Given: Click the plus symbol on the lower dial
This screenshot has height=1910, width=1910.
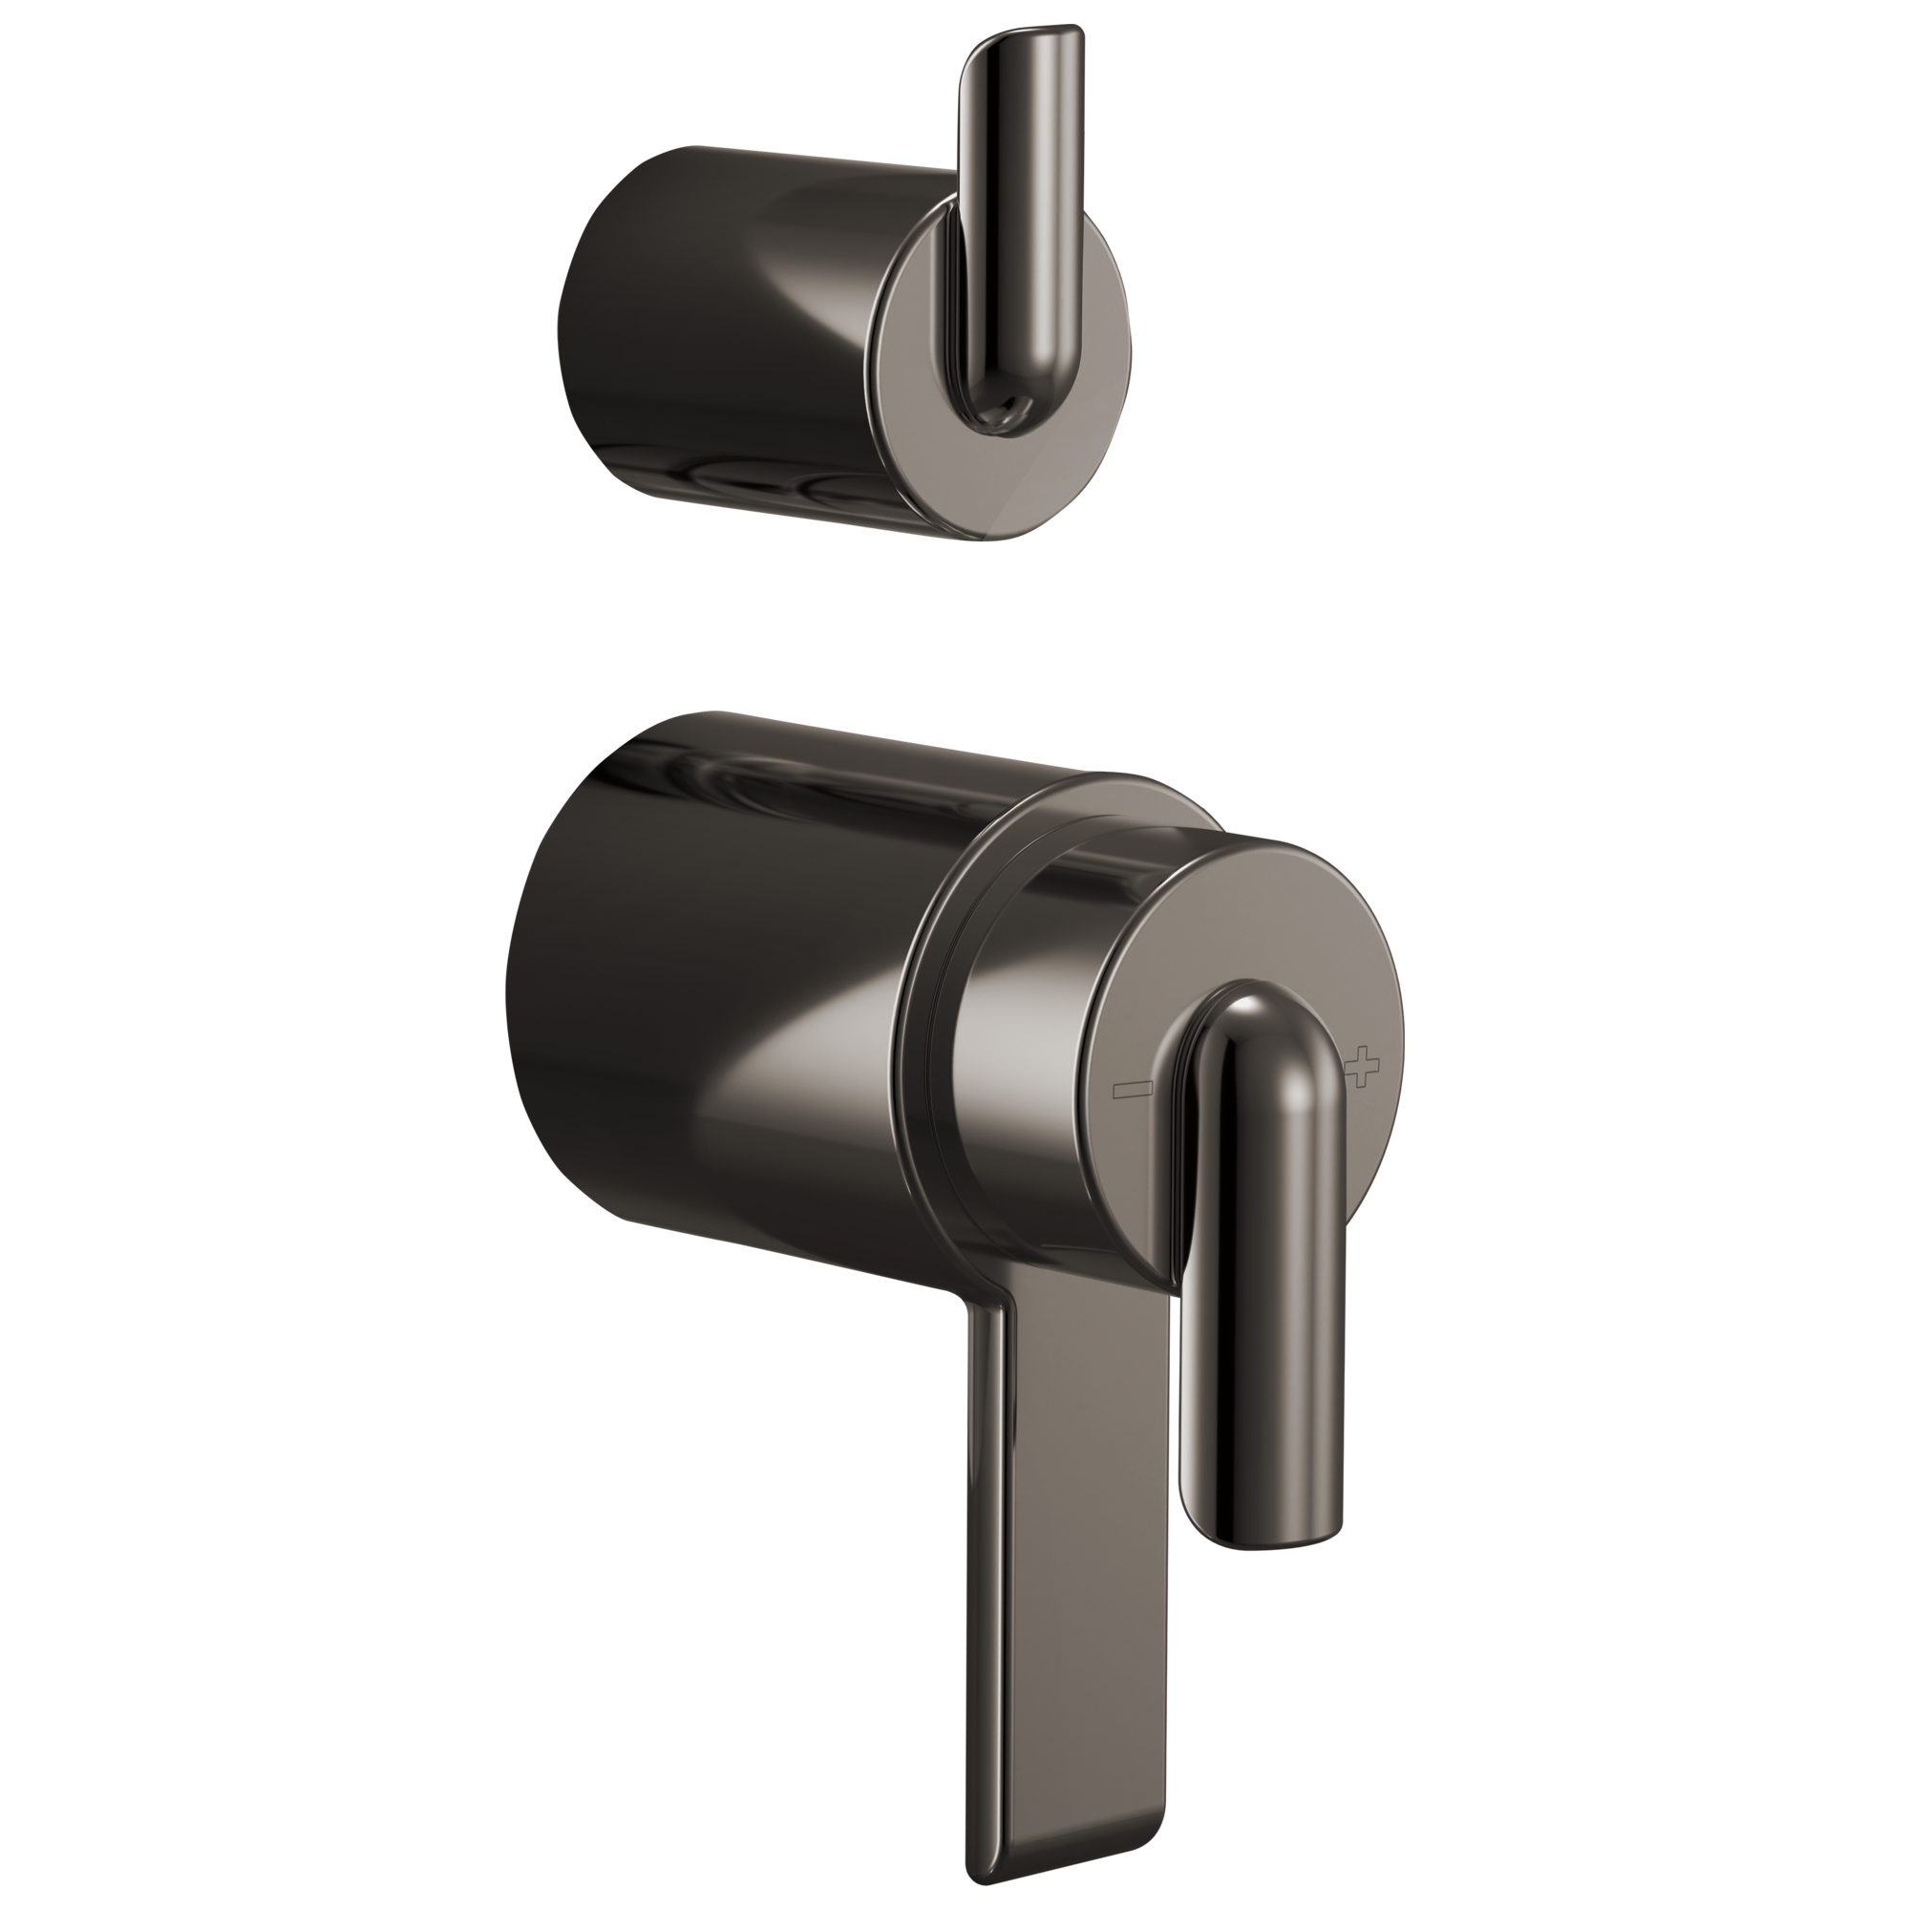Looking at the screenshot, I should click(1364, 1068).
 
